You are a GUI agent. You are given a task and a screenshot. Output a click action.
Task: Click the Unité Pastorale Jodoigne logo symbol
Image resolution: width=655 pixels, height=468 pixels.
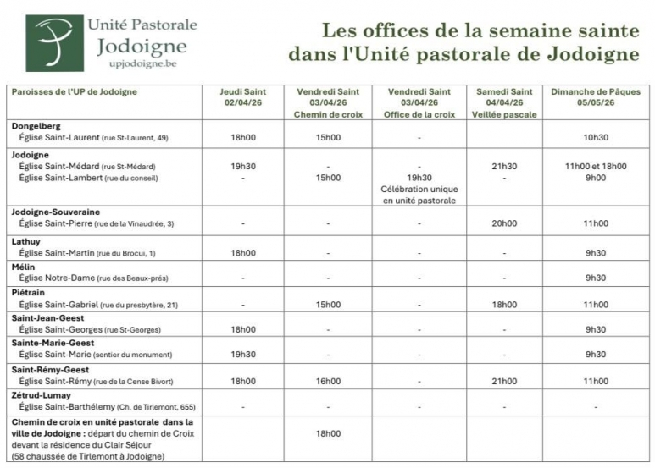[55, 42]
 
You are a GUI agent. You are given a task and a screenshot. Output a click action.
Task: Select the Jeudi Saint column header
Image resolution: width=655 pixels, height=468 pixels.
[242, 97]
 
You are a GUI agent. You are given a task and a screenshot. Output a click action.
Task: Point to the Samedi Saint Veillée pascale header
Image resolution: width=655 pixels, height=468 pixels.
[504, 102]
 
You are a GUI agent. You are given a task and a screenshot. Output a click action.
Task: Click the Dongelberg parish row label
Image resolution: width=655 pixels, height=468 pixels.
[37, 126]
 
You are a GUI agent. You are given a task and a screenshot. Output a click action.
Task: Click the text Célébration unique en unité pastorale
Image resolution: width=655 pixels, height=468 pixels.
[419, 195]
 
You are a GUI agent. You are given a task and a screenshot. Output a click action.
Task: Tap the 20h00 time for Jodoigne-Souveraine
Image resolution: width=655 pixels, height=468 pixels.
[504, 223]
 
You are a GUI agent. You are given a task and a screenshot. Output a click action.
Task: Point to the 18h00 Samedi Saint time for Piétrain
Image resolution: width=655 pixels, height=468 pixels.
[504, 304]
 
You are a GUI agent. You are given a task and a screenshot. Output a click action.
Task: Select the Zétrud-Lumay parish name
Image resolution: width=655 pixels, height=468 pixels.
[42, 395]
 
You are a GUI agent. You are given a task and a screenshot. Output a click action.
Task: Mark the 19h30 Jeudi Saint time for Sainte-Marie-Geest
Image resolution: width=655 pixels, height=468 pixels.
[242, 355]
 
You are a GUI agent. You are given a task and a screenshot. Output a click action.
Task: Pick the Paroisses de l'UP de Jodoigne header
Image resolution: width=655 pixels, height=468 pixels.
[74, 91]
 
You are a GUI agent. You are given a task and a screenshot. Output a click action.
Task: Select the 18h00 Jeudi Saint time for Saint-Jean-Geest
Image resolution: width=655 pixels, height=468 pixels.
[242, 329]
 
